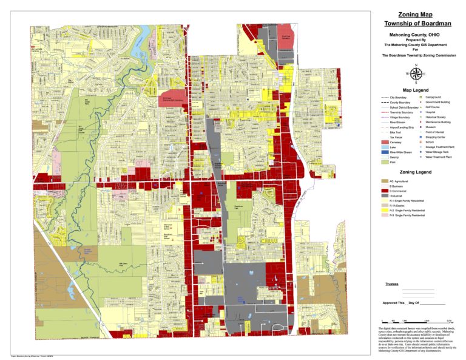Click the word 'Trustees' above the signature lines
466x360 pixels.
pyautogui.click(x=393, y=282)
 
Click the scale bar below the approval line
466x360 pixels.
pyautogui.click(x=416, y=320)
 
